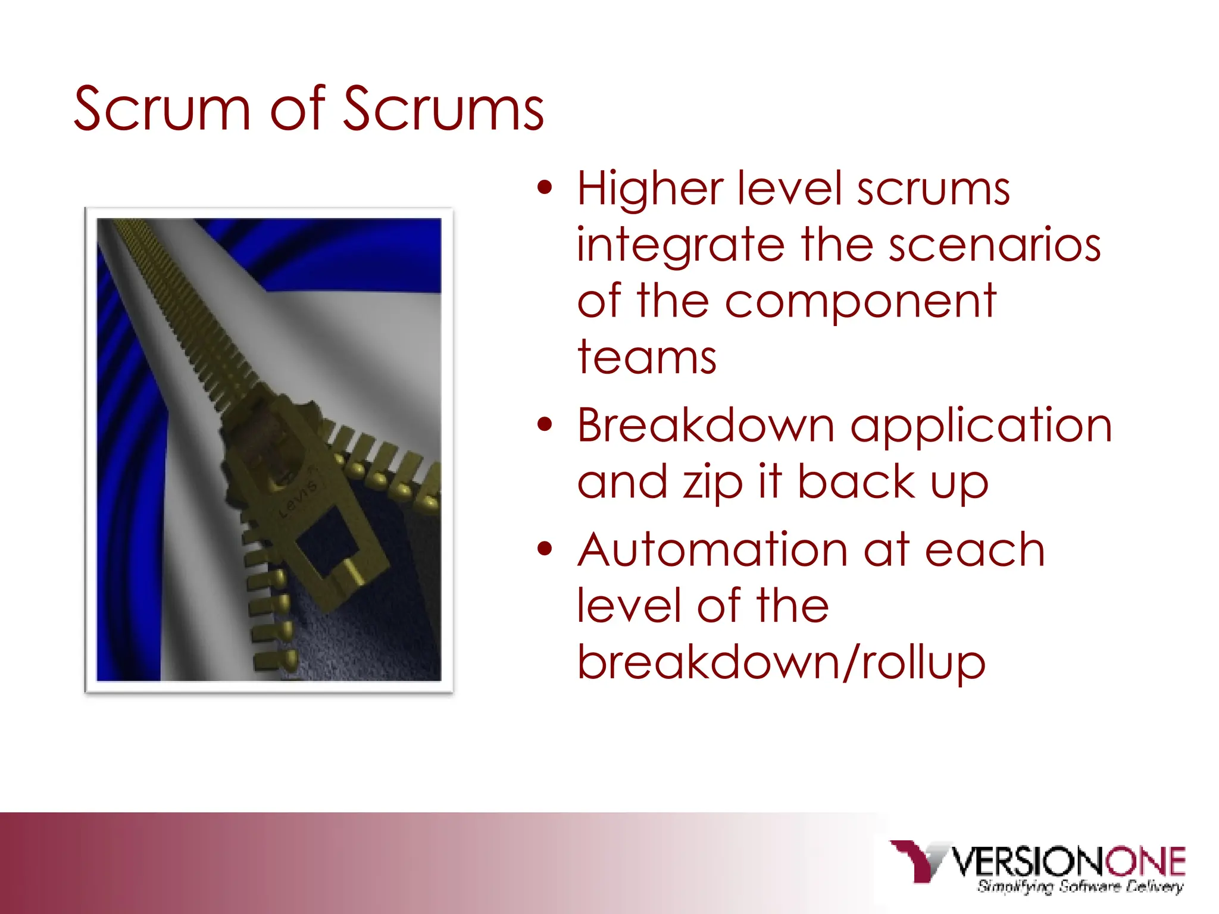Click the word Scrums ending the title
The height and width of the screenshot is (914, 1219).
click(x=443, y=109)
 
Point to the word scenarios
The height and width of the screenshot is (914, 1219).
click(x=994, y=245)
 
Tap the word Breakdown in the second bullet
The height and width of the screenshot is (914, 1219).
click(x=706, y=426)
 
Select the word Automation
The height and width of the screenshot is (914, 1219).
click(x=712, y=550)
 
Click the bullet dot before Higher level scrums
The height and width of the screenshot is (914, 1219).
click(x=545, y=188)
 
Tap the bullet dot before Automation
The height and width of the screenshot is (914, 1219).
click(x=545, y=549)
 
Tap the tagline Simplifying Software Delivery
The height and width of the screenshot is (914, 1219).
click(x=1080, y=887)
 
